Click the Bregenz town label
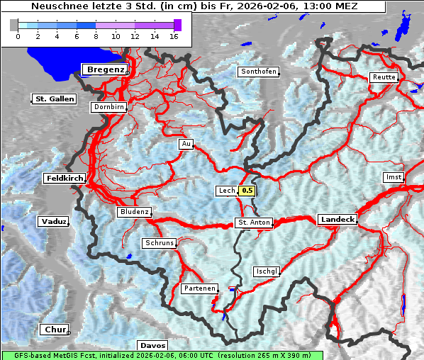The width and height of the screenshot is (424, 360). click(106, 69)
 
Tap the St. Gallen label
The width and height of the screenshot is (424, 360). click(55, 99)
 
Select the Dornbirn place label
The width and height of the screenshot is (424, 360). click(109, 108)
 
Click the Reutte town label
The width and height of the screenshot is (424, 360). click(383, 77)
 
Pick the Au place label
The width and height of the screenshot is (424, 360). click(186, 144)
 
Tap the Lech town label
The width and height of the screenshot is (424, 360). click(226, 191)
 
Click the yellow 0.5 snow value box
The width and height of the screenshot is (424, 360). click(247, 191)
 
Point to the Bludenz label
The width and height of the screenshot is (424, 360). click(134, 212)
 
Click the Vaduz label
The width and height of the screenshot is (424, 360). click(53, 222)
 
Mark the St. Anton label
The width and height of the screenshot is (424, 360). click(253, 223)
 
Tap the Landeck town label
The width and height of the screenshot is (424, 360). click(337, 220)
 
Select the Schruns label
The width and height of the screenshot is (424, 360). click(159, 243)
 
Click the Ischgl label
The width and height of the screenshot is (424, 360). click(267, 271)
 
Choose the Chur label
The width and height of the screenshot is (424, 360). click(54, 330)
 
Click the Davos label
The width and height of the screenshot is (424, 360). click(152, 345)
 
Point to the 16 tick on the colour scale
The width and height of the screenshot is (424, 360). click(174, 36)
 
